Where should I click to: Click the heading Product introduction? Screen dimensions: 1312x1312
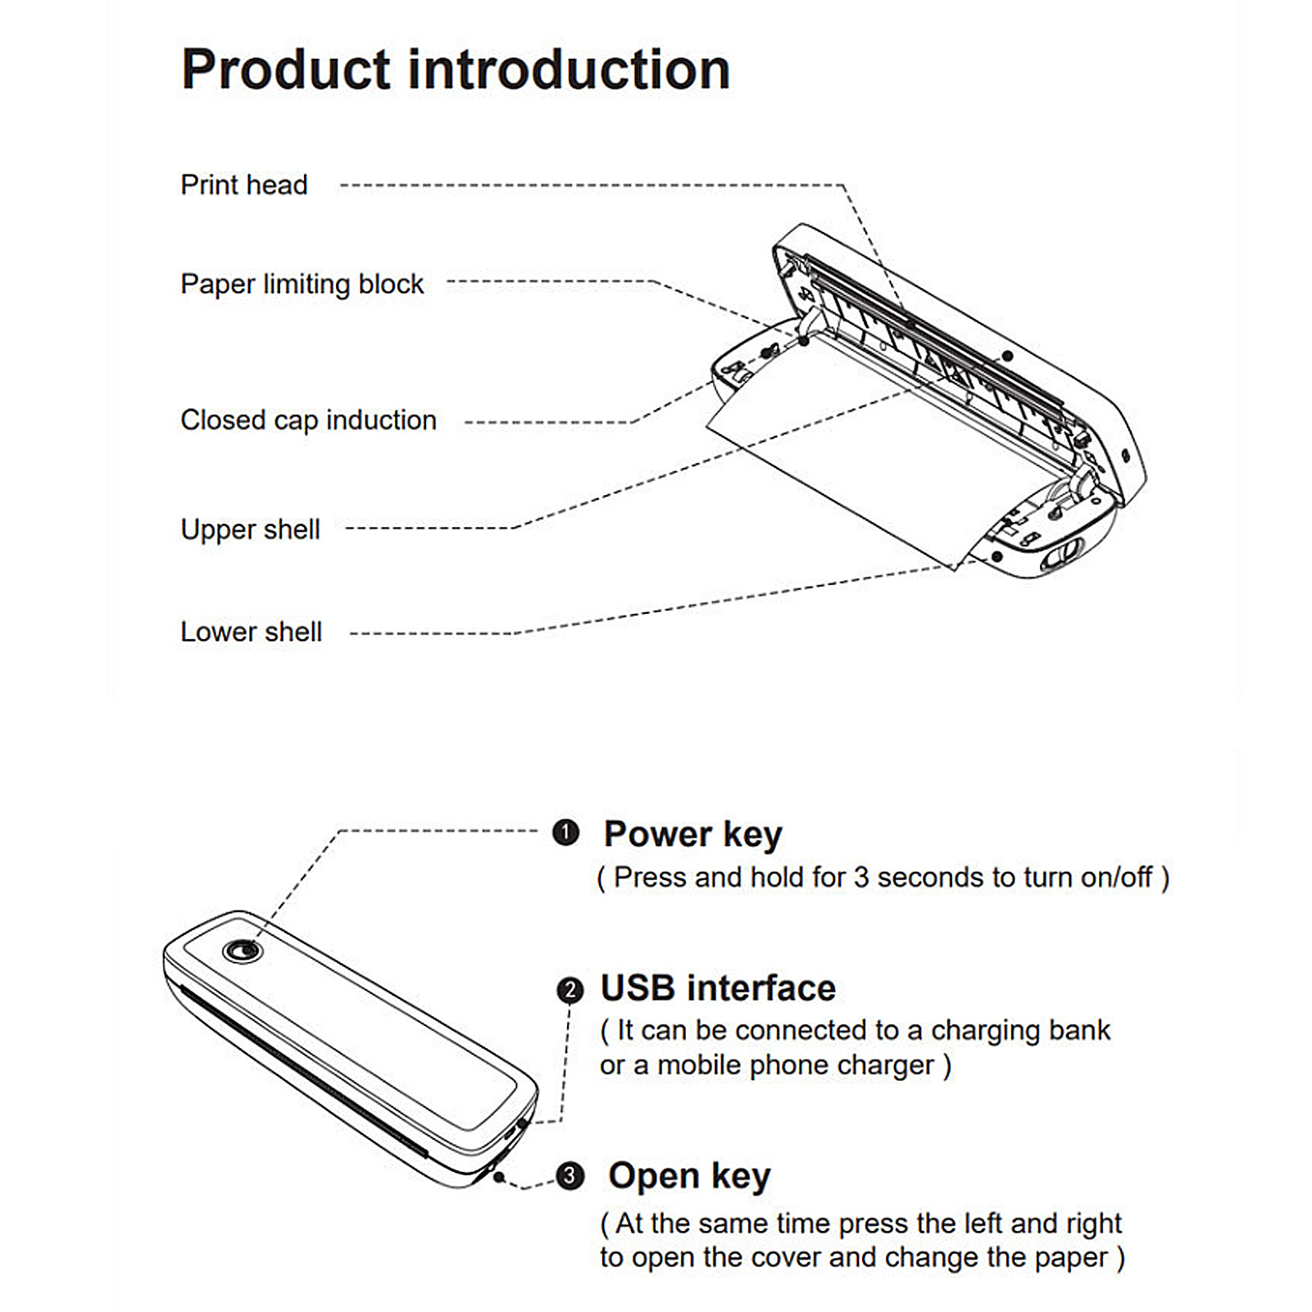[456, 69]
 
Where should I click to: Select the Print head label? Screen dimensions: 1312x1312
[244, 185]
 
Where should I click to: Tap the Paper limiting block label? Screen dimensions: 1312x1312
[302, 284]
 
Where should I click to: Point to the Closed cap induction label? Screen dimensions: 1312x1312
[308, 420]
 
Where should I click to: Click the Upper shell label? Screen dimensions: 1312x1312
[250, 529]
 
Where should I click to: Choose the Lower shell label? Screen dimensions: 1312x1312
[251, 632]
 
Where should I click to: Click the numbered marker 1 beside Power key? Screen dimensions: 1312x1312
[565, 833]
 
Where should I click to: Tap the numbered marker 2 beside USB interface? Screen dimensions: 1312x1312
[570, 990]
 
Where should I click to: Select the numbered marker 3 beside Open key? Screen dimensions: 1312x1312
[570, 1176]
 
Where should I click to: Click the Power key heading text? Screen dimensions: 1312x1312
[693, 835]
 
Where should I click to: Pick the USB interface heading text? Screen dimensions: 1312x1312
[718, 988]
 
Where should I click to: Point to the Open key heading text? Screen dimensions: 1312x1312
[689, 1177]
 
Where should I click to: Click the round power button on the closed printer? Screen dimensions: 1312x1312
[242, 951]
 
